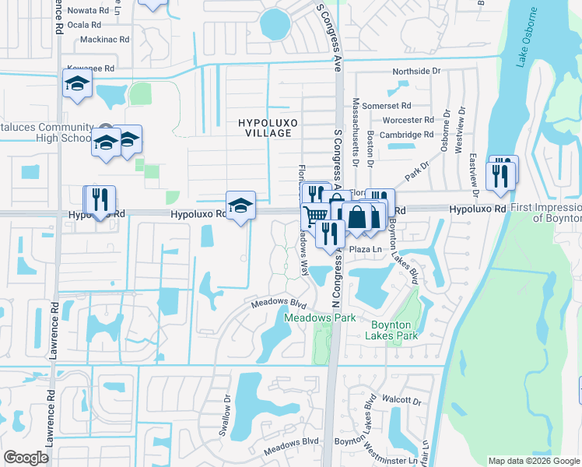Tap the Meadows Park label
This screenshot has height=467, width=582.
tap(320, 318)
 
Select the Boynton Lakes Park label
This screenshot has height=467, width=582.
tap(394, 329)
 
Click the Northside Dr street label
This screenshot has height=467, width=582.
tap(412, 71)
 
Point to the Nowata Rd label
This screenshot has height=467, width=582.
tap(88, 11)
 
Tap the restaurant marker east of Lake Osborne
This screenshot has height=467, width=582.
tap(501, 174)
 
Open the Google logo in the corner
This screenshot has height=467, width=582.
tap(26, 458)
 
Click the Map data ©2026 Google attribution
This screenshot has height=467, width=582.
tap(533, 461)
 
